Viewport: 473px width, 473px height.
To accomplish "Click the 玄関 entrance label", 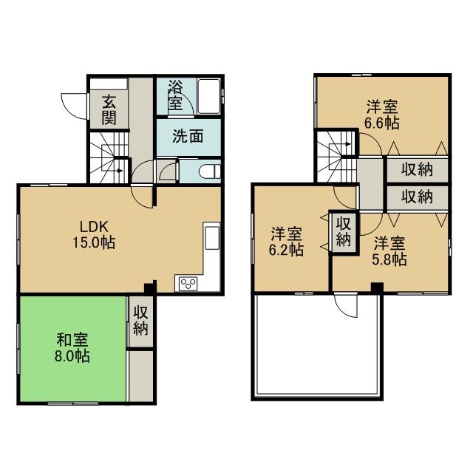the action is [109, 109].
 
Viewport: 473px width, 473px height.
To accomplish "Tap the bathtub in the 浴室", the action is [208, 96].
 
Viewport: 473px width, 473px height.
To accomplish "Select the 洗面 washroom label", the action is [188, 136].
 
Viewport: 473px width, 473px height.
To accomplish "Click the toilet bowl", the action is [210, 171].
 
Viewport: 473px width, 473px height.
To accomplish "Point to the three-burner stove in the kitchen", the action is [188, 284].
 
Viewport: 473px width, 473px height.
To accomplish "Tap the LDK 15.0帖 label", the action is [94, 234].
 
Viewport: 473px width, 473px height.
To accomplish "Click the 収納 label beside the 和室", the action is [141, 320].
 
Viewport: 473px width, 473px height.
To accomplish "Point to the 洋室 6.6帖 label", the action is [382, 115].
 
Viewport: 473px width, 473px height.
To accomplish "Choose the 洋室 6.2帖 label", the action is [286, 242].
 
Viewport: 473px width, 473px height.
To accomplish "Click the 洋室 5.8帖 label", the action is [389, 251].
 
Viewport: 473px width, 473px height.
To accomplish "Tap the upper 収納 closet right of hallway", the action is [417, 169].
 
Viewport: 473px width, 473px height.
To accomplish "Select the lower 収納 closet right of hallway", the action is [417, 197].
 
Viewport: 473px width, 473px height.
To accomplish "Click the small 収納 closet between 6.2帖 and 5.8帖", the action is [344, 231].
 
